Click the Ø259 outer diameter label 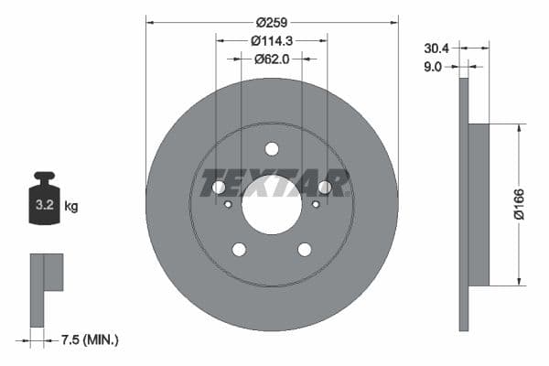(x=272, y=21)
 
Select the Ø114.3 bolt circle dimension (x=272, y=39)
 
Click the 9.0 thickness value (x=435, y=66)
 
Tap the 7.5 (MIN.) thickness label (x=90, y=340)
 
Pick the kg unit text (x=71, y=207)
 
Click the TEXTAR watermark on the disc (x=274, y=182)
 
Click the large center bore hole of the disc (x=272, y=205)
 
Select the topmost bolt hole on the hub (x=272, y=149)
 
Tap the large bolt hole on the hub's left (x=219, y=188)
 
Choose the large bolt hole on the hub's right (x=324, y=188)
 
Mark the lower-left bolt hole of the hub (x=239, y=250)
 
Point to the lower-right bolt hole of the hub (x=304, y=250)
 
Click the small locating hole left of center (x=228, y=204)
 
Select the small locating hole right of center (x=316, y=204)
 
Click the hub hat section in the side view (x=479, y=205)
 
